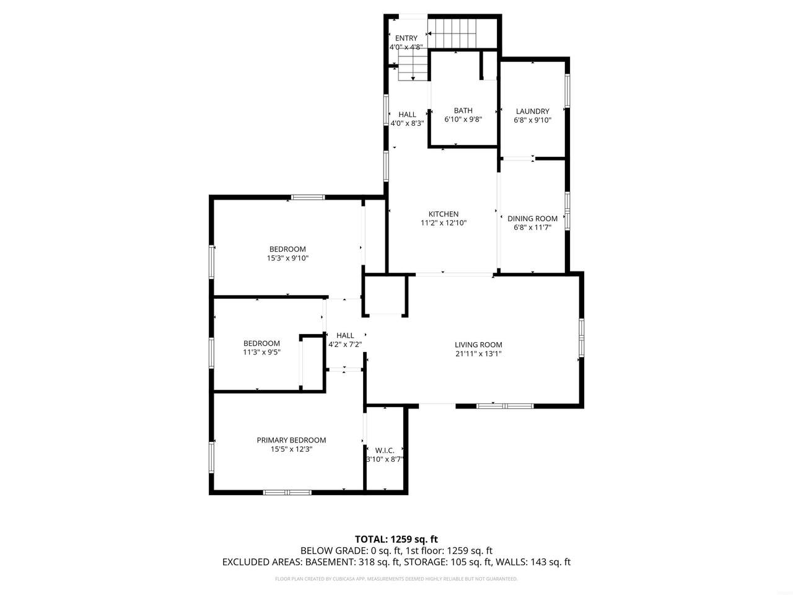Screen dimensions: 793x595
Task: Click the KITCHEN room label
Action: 444,214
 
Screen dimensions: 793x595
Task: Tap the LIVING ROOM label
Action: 478,345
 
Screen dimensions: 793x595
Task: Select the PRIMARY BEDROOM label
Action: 291,440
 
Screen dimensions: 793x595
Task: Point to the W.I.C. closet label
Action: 384,451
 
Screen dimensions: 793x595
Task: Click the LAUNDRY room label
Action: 533,112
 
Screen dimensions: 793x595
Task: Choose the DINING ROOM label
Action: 532,219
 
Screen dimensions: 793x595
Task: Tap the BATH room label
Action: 463,110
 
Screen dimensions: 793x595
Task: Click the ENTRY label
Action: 406,38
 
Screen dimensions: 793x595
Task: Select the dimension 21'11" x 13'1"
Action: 478,354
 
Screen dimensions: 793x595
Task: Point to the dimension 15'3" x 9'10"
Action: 287,258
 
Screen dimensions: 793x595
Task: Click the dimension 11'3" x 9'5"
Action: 261,352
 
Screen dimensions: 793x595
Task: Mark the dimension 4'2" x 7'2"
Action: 345,344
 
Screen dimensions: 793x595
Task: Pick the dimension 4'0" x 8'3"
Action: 407,123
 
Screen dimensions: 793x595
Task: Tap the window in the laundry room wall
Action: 567,90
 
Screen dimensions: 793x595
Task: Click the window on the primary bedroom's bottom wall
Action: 287,492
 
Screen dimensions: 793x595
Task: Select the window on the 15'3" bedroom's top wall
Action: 308,197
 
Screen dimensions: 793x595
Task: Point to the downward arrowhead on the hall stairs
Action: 413,78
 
